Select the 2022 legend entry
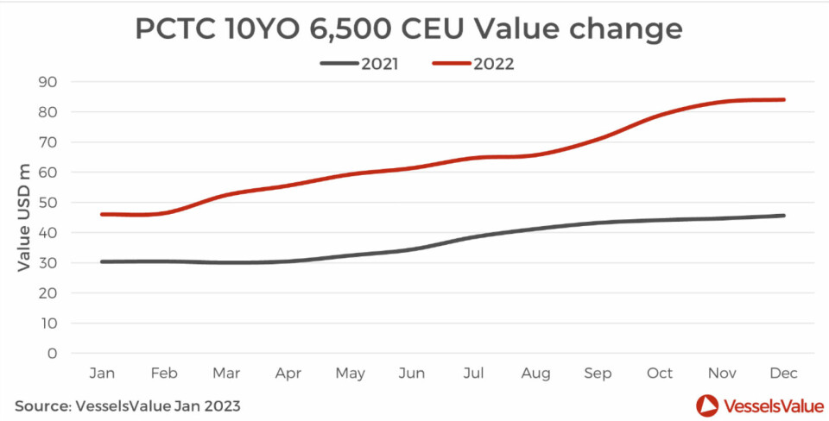[x=493, y=63]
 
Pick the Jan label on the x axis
[x=102, y=373]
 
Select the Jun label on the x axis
[x=412, y=373]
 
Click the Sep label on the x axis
[x=598, y=373]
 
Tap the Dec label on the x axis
[x=783, y=373]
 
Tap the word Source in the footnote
[x=41, y=405]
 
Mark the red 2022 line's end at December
[x=784, y=99]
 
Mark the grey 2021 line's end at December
[x=784, y=216]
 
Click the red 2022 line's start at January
[x=102, y=214]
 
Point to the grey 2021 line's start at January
[x=102, y=261]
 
